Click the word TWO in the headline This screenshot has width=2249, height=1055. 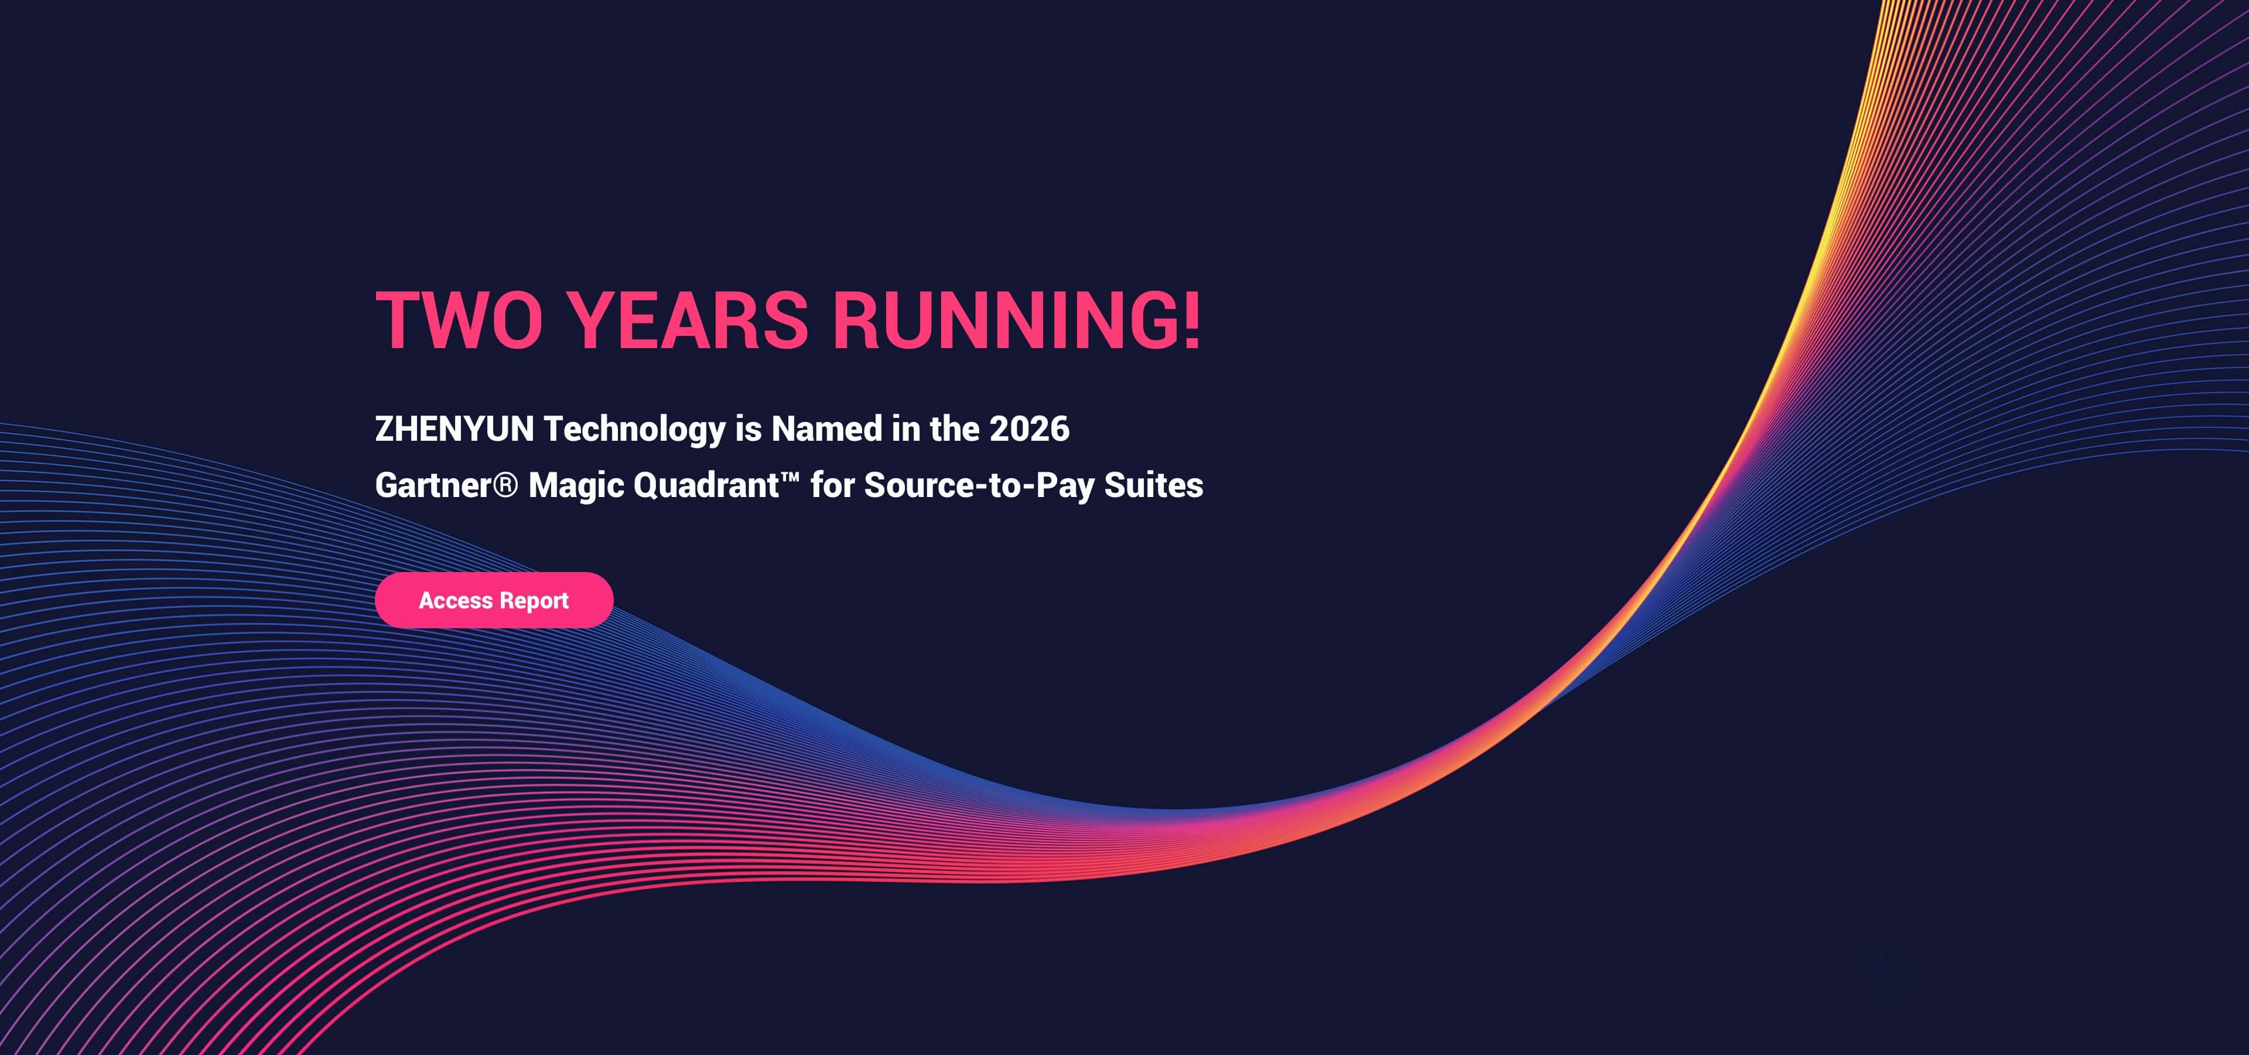coord(459,321)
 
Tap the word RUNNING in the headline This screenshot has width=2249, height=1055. coord(1004,321)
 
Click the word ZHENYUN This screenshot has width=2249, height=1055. coord(454,429)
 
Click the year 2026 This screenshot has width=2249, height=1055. coord(1028,429)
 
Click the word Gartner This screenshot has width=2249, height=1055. coord(433,485)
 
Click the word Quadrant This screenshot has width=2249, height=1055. coord(705,485)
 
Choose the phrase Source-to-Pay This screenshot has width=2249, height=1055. coord(979,485)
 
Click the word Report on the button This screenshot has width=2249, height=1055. coord(534,601)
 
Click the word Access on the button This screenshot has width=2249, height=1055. coord(456,601)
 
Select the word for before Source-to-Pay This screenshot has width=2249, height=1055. coord(832,485)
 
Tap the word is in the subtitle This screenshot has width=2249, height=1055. coord(748,429)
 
